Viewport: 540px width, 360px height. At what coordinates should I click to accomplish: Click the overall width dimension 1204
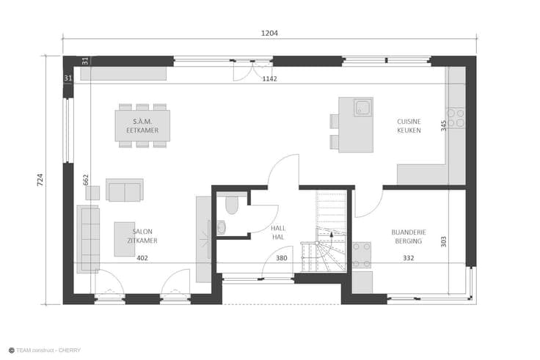[269, 33]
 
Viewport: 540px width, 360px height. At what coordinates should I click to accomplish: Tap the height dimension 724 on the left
[40, 180]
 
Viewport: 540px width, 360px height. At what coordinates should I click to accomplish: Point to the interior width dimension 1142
[269, 78]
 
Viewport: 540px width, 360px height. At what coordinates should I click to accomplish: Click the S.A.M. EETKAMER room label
[142, 126]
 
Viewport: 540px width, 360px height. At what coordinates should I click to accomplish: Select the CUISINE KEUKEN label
[409, 126]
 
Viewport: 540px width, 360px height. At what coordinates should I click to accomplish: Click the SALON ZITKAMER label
[142, 236]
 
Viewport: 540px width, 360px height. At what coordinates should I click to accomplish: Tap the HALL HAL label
[278, 232]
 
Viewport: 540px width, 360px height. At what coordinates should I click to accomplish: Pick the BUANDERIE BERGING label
[409, 237]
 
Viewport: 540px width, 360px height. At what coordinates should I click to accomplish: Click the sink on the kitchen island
[363, 107]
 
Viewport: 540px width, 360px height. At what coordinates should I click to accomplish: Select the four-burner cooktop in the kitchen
[456, 118]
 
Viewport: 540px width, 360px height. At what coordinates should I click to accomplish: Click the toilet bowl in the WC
[232, 205]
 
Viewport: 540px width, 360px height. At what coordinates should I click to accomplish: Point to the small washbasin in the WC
[221, 227]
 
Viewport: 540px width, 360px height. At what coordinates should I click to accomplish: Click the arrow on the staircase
[332, 241]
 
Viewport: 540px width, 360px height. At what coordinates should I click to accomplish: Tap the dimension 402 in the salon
[142, 258]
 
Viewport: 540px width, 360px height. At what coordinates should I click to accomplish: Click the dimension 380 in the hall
[281, 258]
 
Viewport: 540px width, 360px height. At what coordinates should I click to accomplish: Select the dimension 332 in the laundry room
[409, 258]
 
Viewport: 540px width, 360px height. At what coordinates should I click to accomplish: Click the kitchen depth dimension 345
[444, 125]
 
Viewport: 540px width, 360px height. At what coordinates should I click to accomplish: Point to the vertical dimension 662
[86, 180]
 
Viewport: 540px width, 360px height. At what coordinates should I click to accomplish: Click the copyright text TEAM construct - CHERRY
[45, 350]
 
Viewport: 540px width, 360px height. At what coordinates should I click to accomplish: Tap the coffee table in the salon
[125, 239]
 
